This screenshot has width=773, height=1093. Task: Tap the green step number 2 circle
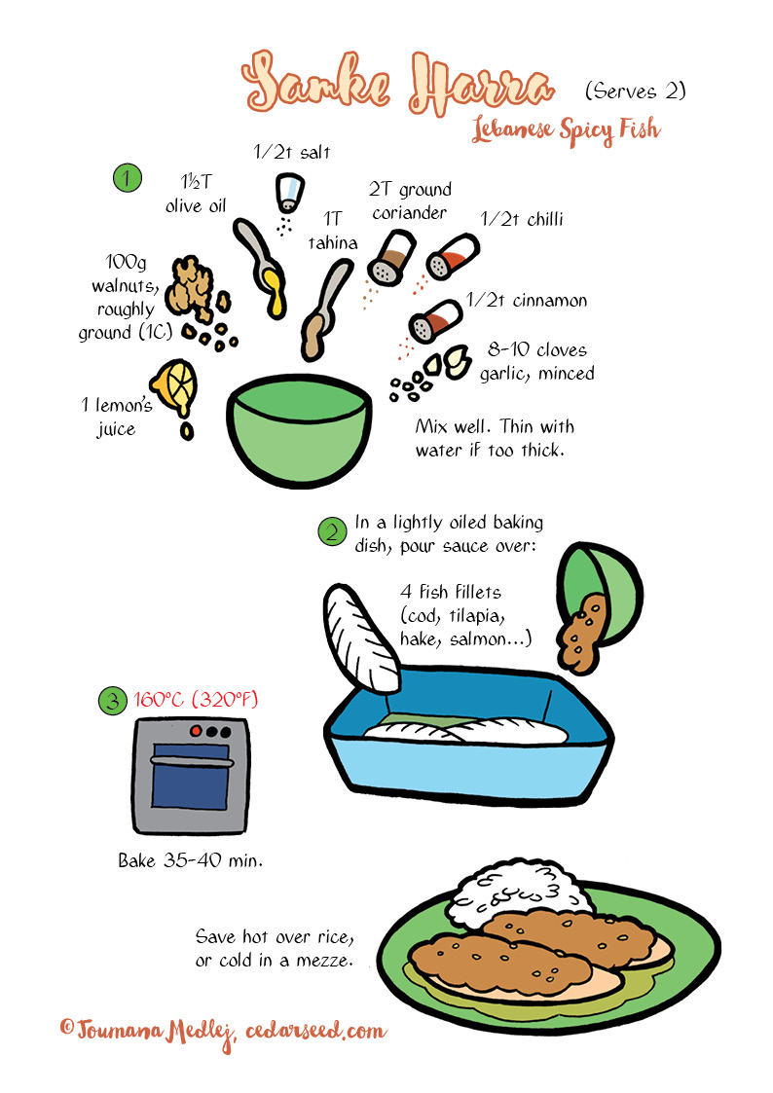[332, 531]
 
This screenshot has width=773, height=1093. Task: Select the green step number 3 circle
[113, 700]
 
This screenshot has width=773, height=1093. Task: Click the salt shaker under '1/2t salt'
[289, 193]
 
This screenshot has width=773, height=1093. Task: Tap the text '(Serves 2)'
[635, 91]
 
